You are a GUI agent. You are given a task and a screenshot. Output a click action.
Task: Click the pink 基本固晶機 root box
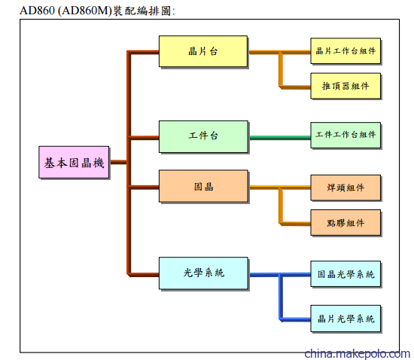[x=74, y=162]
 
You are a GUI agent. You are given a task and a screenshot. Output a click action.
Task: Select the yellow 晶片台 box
[x=203, y=51]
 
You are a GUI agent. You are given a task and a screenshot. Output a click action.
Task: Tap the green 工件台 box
[x=203, y=136]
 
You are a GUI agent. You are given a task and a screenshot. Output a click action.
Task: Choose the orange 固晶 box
[x=203, y=186]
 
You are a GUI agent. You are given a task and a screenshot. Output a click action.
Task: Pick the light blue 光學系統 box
[x=203, y=273]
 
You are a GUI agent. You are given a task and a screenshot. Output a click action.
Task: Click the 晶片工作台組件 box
[x=346, y=51]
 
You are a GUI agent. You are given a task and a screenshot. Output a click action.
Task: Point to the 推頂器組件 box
[x=346, y=86]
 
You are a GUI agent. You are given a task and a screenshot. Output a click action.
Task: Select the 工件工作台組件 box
[x=346, y=135]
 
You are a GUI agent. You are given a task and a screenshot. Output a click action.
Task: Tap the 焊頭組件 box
[x=346, y=188]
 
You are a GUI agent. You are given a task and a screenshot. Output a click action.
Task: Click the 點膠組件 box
[x=346, y=223]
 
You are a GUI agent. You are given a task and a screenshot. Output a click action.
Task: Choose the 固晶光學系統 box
[x=346, y=274]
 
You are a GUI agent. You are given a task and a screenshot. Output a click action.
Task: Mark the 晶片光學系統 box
[x=346, y=319]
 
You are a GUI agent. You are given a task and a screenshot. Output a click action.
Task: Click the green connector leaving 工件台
[x=280, y=138]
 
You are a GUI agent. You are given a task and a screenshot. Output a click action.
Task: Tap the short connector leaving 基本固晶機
[x=119, y=162]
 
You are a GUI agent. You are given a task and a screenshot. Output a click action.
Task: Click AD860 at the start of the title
[x=37, y=11]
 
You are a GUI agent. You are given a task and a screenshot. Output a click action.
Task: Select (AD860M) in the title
[x=85, y=11]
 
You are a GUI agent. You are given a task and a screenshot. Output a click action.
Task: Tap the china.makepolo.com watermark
[x=357, y=354]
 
